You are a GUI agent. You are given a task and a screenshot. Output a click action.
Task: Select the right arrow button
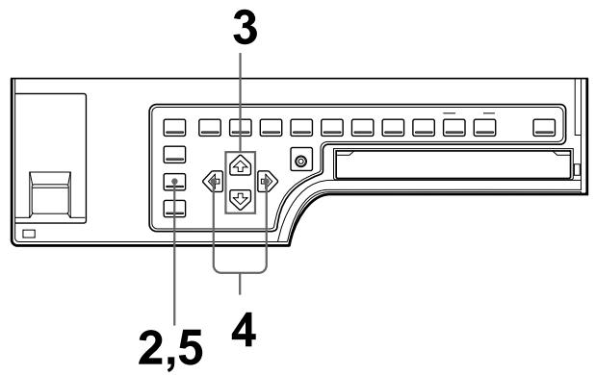point(267,180)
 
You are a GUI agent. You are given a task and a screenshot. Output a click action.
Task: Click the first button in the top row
point(173,125)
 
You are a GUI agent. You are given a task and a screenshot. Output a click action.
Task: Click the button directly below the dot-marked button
point(173,209)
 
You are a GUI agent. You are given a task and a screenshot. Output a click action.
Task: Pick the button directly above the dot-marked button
point(173,152)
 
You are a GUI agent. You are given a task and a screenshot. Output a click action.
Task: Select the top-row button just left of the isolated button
point(485,125)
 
